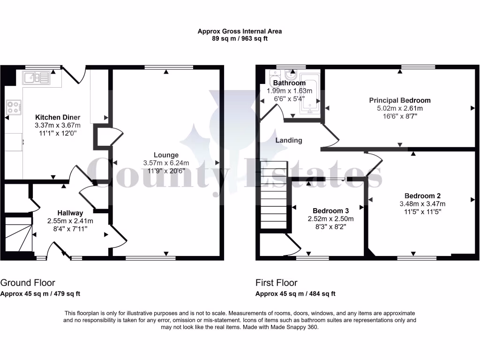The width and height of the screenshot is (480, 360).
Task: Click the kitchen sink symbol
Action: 36,77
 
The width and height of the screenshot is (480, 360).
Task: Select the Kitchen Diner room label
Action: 58,117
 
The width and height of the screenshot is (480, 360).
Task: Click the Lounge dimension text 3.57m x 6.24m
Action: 166,163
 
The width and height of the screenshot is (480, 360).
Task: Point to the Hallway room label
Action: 70,213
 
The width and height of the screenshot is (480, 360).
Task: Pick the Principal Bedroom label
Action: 399,100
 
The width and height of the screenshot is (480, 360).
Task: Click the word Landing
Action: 288,140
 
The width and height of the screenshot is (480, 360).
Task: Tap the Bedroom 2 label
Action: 422,195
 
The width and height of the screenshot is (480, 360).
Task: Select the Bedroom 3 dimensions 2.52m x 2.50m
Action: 330,219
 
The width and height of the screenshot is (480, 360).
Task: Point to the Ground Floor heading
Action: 28,283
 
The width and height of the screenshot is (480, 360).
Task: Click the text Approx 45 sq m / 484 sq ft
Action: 295,294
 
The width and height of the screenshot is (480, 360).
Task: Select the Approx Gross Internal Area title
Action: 240,31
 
